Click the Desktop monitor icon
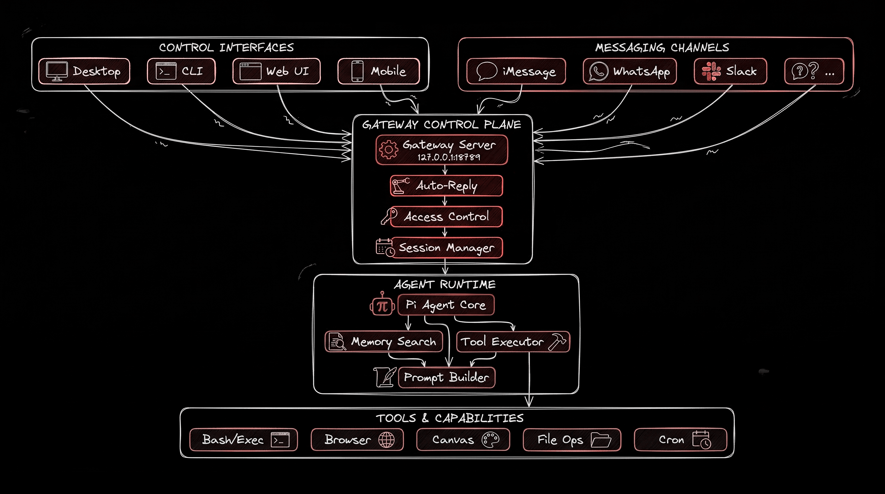[57, 71]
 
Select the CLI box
[181, 71]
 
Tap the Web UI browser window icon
[250, 71]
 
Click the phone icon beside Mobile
[357, 71]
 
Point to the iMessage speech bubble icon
[487, 71]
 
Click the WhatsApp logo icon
[598, 71]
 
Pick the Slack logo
[711, 71]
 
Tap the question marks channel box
[814, 71]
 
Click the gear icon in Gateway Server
[388, 150]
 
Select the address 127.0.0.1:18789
[449, 157]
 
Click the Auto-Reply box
[446, 186]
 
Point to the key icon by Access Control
[389, 216]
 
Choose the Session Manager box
[446, 248]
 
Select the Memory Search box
[384, 342]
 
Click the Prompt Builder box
[446, 377]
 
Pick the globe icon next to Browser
[387, 440]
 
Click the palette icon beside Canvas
[490, 440]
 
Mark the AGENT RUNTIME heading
[444, 284]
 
